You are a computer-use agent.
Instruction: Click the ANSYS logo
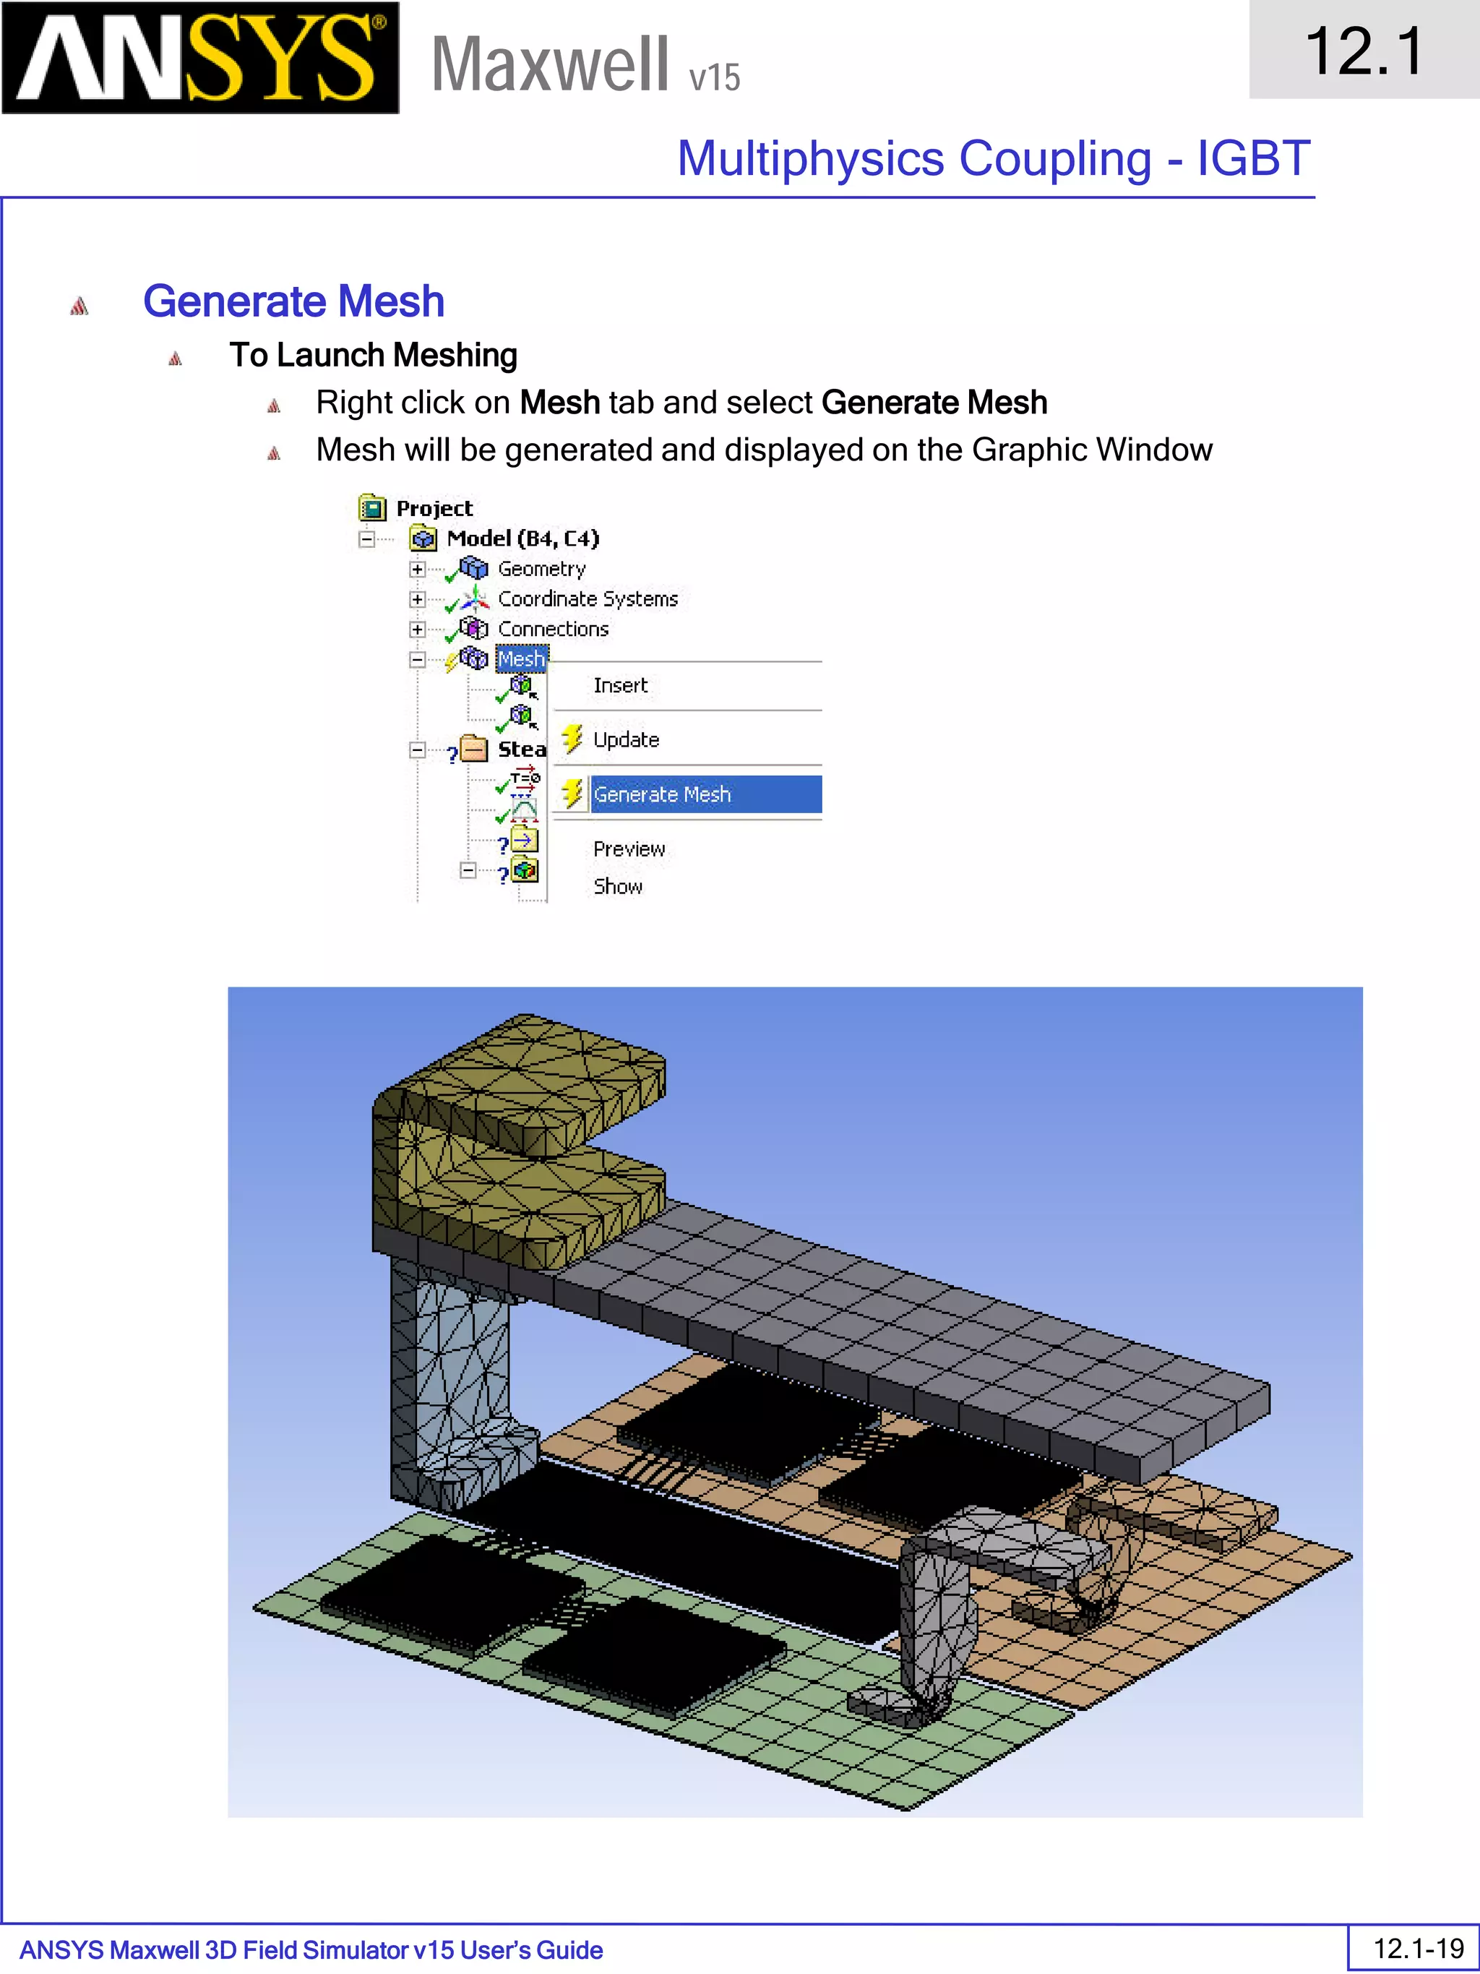[x=200, y=58]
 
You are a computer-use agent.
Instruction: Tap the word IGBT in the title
[x=1252, y=159]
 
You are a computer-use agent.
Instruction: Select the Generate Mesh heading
[x=293, y=301]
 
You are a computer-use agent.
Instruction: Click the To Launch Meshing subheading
[x=373, y=355]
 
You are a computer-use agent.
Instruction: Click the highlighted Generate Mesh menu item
[x=662, y=794]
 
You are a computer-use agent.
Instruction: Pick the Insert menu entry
[x=620, y=685]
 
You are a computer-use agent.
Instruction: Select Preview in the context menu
[x=629, y=849]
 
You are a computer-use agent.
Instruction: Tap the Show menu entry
[x=617, y=886]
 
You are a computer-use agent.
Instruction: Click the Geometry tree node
[x=541, y=568]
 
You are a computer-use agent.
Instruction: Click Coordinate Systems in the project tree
[x=587, y=598]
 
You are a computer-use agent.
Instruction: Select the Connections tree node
[x=552, y=629]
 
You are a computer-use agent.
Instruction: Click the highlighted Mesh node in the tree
[x=521, y=658]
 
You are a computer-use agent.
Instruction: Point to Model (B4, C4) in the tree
[x=522, y=538]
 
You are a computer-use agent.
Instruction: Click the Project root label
[x=434, y=508]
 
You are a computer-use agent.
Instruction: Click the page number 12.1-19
[x=1418, y=1948]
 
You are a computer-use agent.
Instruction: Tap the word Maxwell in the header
[x=549, y=64]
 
